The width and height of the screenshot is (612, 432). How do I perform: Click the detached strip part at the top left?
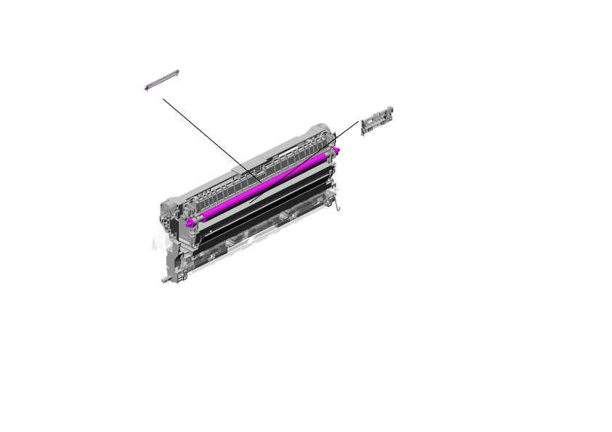[x=161, y=80]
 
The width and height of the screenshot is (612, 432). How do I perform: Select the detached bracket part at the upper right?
[x=377, y=119]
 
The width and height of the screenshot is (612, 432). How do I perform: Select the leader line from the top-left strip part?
[x=211, y=139]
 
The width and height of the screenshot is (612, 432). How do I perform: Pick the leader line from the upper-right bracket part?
[x=305, y=162]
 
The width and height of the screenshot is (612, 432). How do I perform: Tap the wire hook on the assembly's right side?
[x=338, y=207]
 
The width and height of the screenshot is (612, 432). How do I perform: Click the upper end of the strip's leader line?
[x=164, y=98]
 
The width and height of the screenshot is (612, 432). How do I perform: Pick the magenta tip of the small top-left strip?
[x=146, y=88]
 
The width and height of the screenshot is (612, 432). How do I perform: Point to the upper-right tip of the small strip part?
[x=177, y=71]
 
